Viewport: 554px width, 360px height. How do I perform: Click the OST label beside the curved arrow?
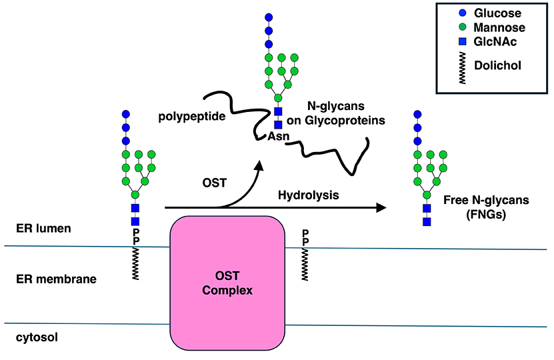[x=213, y=183]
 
